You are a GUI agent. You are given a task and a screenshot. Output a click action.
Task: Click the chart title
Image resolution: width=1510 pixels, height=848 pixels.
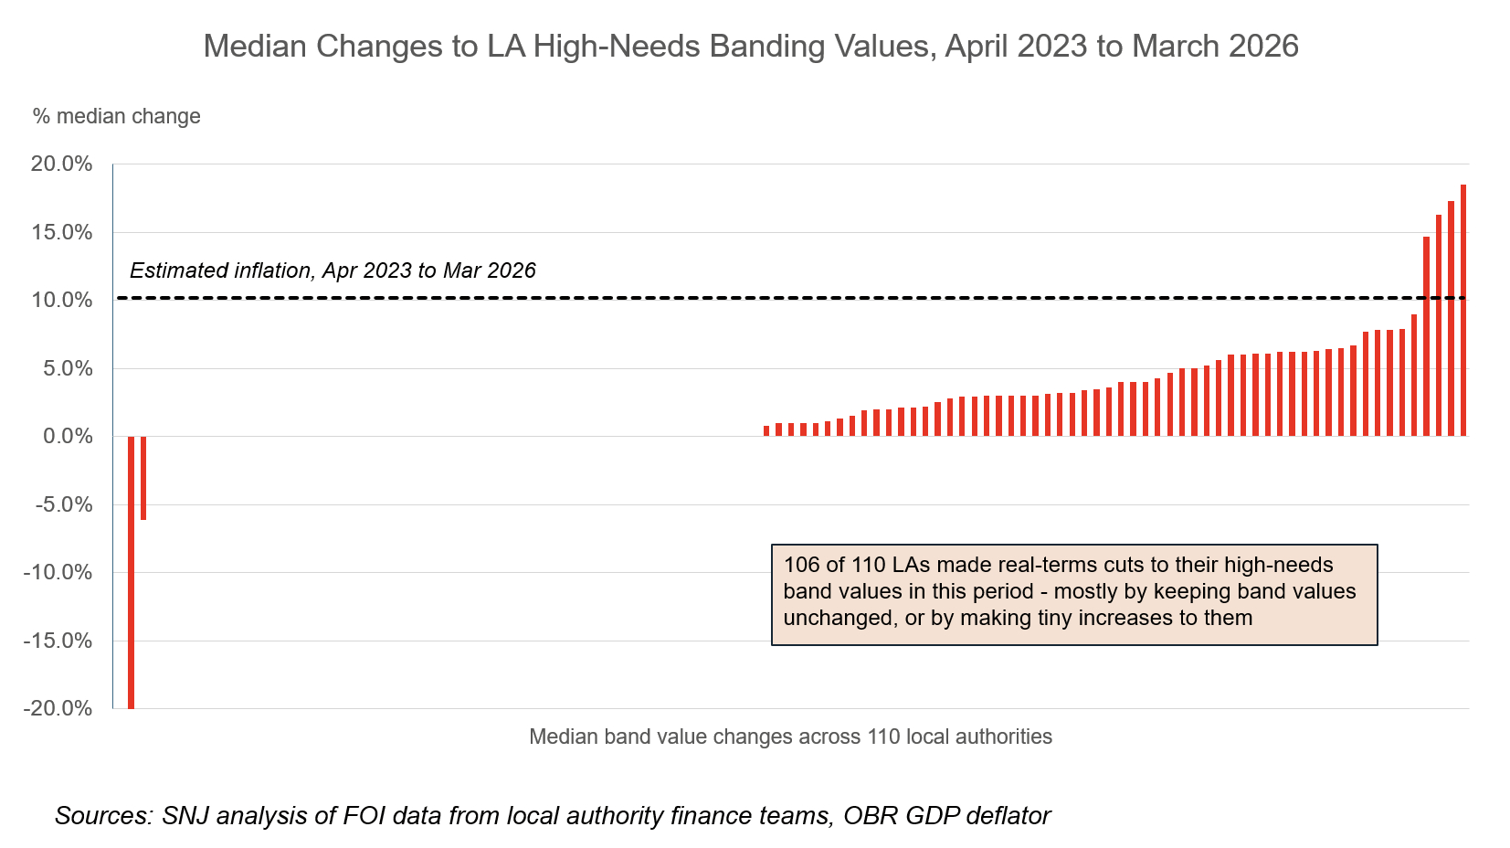[750, 46]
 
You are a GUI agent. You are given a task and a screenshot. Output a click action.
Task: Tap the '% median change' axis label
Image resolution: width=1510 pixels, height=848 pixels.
[116, 117]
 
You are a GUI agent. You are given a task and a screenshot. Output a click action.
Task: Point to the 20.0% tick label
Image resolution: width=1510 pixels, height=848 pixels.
[62, 164]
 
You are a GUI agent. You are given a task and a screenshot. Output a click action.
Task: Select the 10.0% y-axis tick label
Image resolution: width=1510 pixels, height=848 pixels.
[62, 301]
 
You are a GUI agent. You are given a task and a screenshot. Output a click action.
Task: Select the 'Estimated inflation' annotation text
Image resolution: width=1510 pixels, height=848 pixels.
[333, 270]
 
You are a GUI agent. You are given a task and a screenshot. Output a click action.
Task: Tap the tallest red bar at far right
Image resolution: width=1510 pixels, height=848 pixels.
[1462, 311]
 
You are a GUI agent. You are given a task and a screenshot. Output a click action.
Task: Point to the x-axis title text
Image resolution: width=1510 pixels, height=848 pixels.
[790, 737]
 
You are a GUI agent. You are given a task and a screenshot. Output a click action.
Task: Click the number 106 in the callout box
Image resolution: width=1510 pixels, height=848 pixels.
[802, 565]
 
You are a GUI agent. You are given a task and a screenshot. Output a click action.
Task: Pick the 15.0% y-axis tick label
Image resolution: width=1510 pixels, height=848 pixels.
[62, 233]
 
